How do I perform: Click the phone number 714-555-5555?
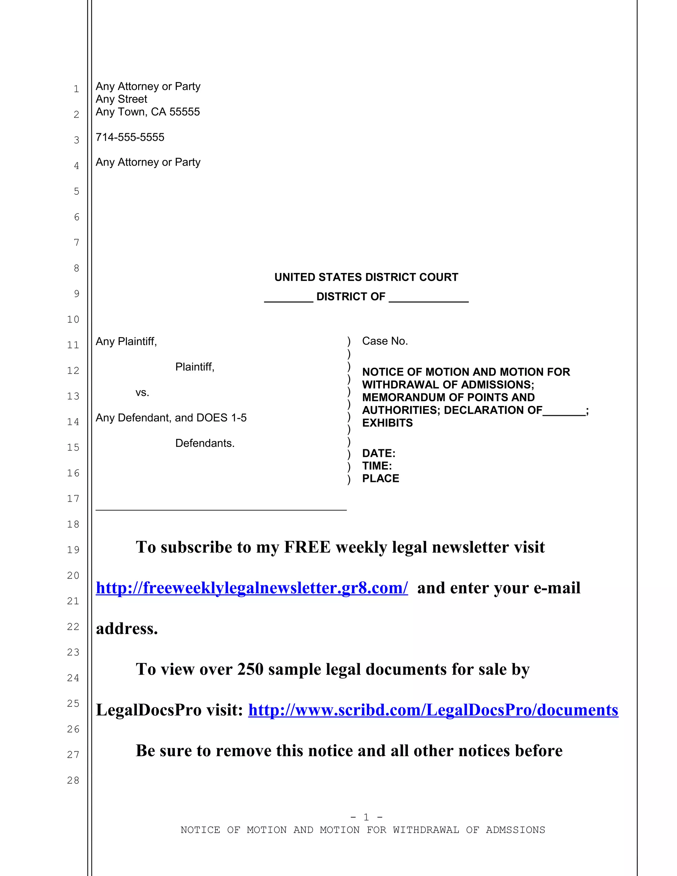(x=130, y=137)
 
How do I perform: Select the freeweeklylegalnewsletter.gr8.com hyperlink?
(x=252, y=588)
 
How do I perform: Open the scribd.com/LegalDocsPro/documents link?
(x=433, y=710)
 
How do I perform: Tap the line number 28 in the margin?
(x=73, y=780)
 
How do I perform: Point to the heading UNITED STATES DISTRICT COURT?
(x=366, y=277)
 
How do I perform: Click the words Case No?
(x=385, y=341)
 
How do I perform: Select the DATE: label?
(x=378, y=453)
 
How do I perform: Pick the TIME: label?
(x=377, y=466)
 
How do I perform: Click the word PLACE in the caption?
(x=380, y=479)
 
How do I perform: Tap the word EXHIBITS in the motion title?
(x=387, y=423)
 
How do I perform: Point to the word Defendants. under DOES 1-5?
(x=205, y=443)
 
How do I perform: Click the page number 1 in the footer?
(x=366, y=817)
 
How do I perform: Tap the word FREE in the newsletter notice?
(x=307, y=547)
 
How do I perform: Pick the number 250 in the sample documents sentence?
(x=250, y=669)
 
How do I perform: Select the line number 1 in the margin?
(x=76, y=89)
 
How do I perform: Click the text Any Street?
(x=122, y=99)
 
